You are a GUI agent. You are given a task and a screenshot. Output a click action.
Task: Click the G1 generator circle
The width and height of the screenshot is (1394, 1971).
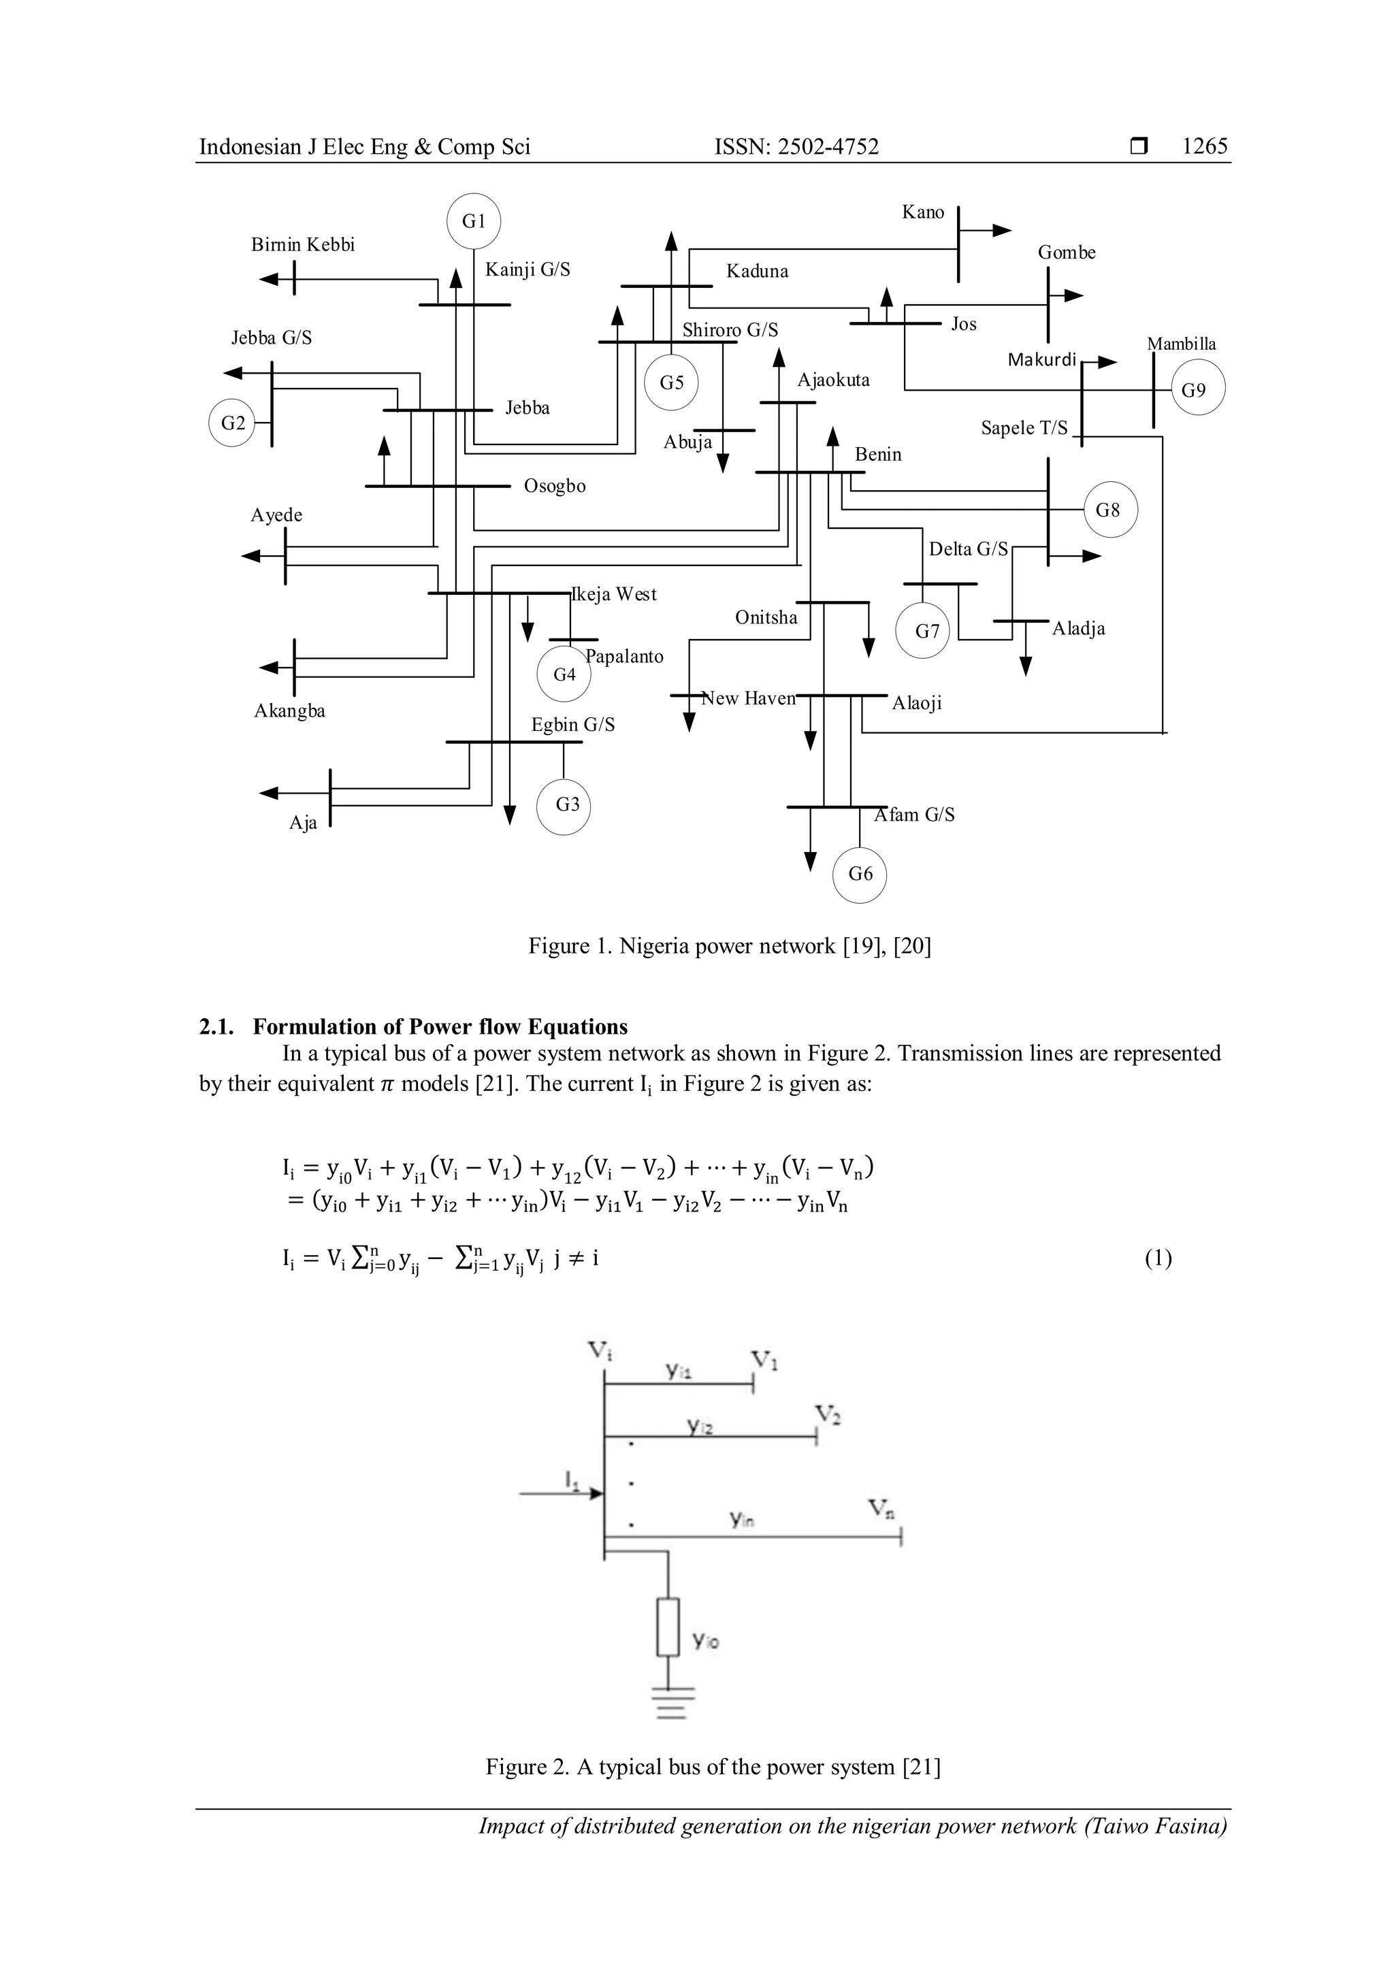point(474,221)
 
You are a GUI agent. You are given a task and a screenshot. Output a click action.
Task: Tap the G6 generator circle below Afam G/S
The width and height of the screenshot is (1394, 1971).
point(860,875)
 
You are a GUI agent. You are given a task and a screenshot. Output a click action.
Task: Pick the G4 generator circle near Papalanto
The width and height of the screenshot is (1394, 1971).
point(564,674)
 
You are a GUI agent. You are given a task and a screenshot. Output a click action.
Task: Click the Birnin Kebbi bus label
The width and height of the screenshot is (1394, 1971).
point(302,244)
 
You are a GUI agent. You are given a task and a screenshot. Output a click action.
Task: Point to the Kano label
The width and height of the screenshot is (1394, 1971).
point(923,212)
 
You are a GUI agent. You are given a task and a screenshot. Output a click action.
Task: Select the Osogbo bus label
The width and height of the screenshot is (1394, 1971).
point(555,486)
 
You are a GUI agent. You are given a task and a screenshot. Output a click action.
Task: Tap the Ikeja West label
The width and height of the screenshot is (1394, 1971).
point(614,594)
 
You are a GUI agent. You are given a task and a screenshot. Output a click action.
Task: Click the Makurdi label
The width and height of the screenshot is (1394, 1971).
point(1041,359)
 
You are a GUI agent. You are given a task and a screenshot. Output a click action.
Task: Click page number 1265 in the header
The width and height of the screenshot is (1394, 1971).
point(1204,147)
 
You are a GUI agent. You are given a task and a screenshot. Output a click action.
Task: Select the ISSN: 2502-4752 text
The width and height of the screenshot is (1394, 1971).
point(796,147)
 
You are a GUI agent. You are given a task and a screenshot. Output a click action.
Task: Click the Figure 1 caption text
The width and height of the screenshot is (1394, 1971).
point(730,946)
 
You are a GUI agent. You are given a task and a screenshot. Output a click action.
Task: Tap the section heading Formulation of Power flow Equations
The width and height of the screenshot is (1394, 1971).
point(440,1027)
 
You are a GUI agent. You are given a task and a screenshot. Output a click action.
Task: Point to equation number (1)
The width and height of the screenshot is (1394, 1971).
point(1158,1258)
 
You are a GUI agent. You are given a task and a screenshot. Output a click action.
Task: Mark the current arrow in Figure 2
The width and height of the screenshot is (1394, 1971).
point(562,1494)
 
